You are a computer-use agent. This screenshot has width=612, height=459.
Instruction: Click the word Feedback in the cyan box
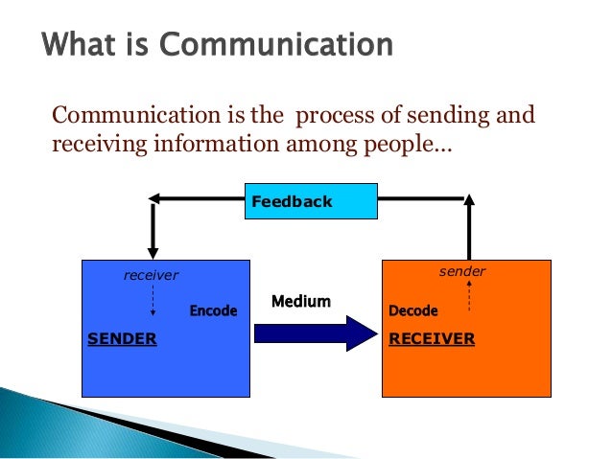tap(292, 201)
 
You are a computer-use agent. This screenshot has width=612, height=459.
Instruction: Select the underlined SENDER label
tap(122, 338)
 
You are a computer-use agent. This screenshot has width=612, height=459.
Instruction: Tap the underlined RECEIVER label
tap(432, 338)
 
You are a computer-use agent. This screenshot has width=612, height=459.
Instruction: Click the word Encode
tap(213, 310)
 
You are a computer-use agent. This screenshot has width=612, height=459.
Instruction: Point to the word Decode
tap(413, 310)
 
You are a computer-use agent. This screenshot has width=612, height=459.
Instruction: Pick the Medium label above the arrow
tap(301, 302)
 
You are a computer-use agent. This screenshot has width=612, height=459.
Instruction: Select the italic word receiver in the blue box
tap(152, 275)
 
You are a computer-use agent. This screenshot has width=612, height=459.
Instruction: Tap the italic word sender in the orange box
tap(462, 272)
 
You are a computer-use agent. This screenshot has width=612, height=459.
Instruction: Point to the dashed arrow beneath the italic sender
tap(469, 297)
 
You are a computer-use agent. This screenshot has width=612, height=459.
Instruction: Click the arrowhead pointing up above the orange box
tap(469, 201)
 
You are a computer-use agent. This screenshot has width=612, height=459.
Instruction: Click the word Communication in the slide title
tap(287, 45)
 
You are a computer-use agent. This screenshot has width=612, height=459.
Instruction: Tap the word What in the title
tap(80, 45)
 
